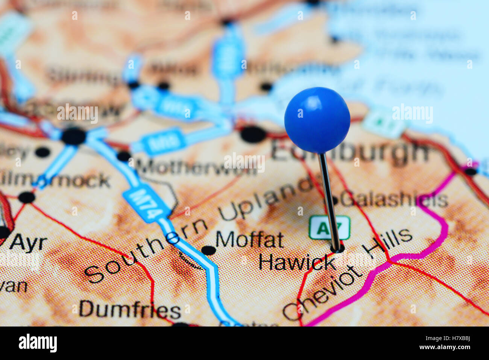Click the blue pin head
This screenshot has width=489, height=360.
point(317,120)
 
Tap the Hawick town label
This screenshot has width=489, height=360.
point(297,262)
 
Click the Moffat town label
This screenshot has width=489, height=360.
point(249,240)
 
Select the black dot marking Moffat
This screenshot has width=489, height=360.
point(208,250)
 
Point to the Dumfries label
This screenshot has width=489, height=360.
point(130,310)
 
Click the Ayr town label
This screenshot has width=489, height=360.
point(28,243)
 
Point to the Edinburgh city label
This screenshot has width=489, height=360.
point(350,151)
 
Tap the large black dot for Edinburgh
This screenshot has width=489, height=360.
point(253,134)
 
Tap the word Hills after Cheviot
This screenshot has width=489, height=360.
point(387,243)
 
